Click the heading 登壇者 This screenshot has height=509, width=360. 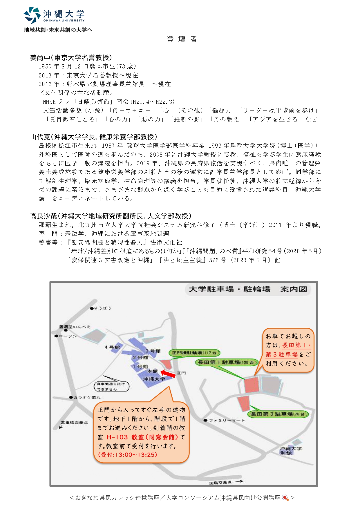(182, 39)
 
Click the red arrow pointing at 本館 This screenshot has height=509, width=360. (168, 374)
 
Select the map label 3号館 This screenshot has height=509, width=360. (153, 351)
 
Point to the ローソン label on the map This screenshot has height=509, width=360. (68, 336)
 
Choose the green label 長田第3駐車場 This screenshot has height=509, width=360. (278, 414)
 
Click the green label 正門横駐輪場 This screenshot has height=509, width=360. (194, 353)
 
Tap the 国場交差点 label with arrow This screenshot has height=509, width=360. (225, 483)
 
